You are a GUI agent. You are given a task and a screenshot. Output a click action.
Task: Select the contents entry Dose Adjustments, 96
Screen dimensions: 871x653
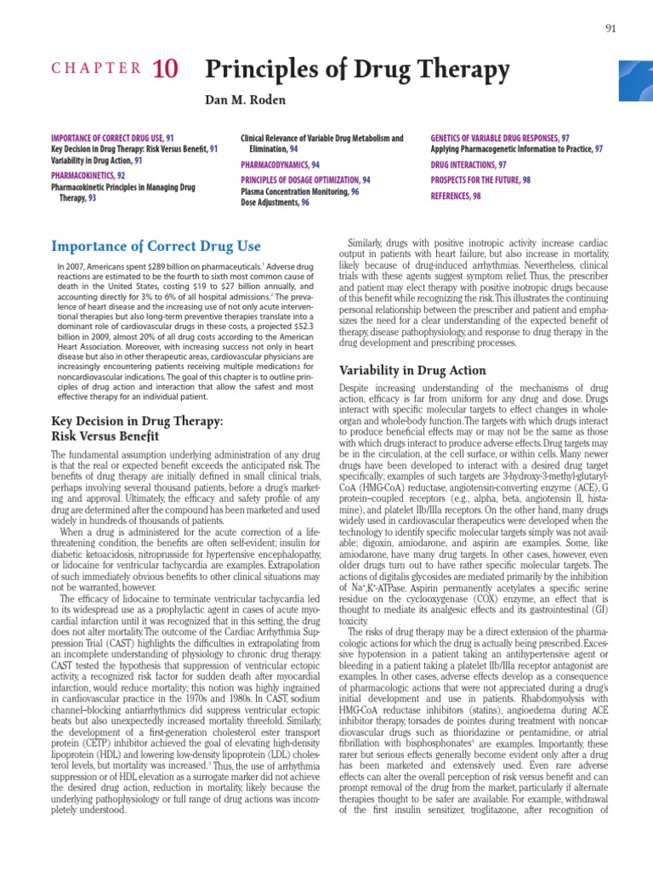pos(275,202)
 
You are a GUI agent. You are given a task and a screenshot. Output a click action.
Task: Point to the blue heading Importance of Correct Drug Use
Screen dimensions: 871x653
pos(156,248)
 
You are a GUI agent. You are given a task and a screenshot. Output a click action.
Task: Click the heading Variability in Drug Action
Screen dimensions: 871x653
pos(412,370)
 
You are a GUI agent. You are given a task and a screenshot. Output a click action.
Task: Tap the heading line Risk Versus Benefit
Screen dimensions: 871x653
pos(105,436)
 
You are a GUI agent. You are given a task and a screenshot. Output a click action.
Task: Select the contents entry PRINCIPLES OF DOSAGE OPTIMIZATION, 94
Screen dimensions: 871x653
pos(305,180)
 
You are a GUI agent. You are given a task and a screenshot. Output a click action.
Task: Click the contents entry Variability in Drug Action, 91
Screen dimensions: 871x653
pos(96,160)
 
